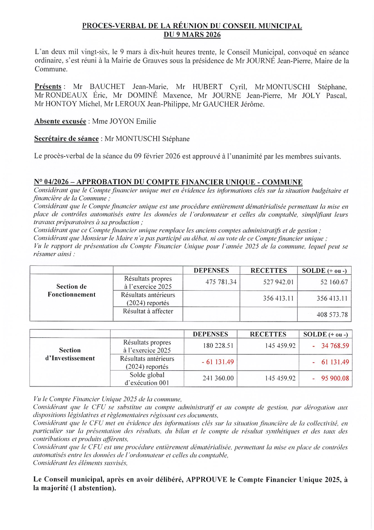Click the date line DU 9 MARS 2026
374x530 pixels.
[x=192, y=35]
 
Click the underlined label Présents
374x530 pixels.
[x=48, y=87]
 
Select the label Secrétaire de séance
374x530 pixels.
[x=66, y=139]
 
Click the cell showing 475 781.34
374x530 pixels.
[x=221, y=282]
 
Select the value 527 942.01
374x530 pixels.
[x=278, y=282]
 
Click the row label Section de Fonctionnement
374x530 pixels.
[x=71, y=290]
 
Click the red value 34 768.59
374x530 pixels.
[x=335, y=346]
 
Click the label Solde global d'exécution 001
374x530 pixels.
[x=147, y=379]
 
